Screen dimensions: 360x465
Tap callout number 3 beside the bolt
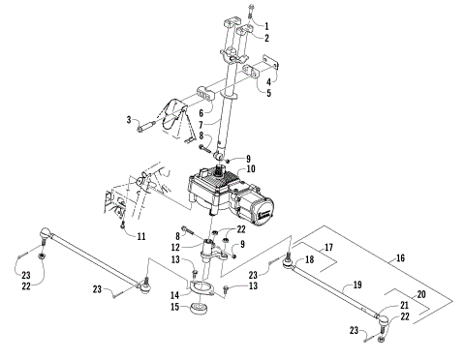point(128,120)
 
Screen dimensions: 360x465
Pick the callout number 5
point(268,95)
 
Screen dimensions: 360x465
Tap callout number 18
point(310,260)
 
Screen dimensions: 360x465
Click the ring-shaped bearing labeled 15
point(201,310)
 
